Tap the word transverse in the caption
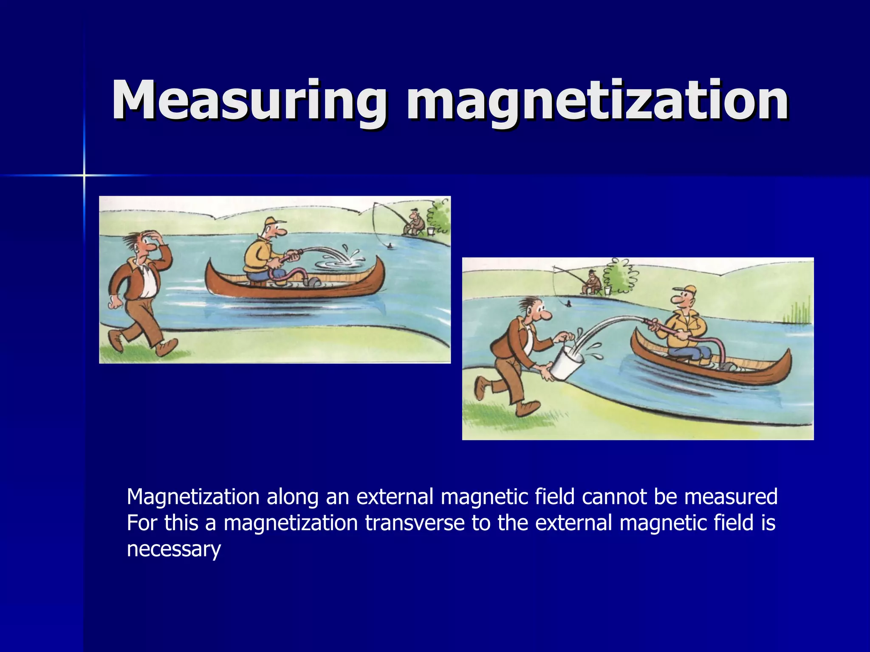tap(415, 523)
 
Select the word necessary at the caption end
tap(174, 549)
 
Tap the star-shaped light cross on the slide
tap(84, 175)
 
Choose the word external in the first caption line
tap(393, 496)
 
